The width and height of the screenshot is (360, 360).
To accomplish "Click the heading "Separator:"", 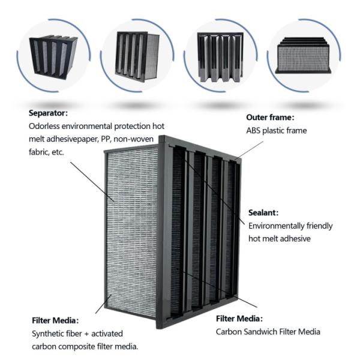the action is [x=49, y=112].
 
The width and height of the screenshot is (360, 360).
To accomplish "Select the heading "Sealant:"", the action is [x=265, y=213].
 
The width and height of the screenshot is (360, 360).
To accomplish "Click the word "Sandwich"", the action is [x=272, y=331].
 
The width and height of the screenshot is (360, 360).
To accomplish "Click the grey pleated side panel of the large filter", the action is [x=132, y=228].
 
